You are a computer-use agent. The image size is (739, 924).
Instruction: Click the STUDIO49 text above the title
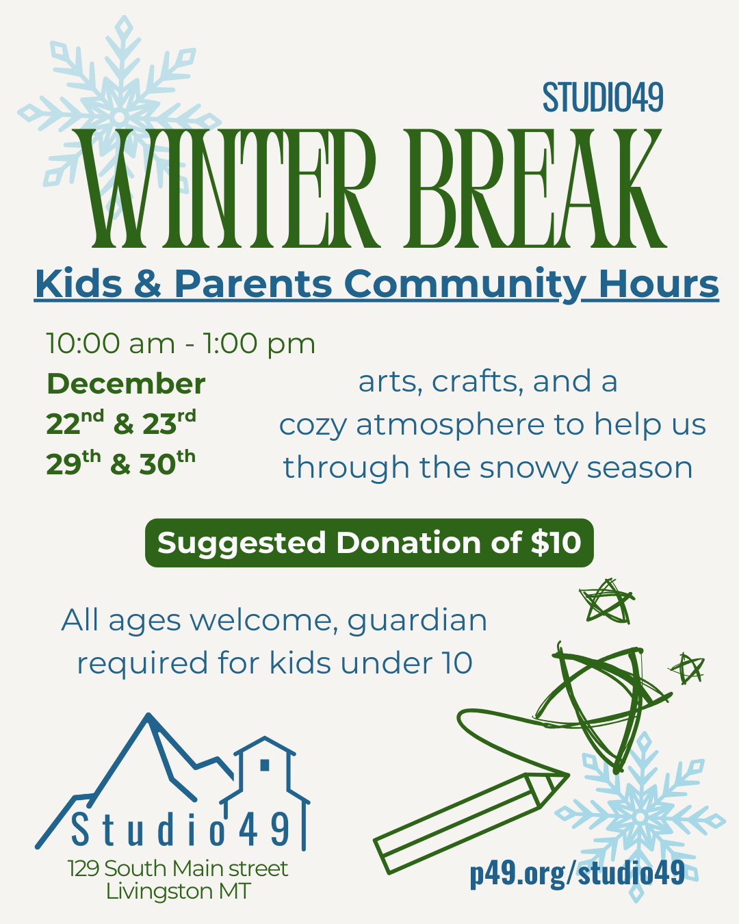tap(603, 97)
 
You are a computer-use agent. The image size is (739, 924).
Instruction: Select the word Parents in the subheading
tap(252, 283)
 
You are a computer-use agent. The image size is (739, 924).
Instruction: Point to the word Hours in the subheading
tap(658, 283)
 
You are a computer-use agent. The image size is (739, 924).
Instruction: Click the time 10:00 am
tap(110, 343)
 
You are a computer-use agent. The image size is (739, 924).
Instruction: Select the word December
tap(126, 384)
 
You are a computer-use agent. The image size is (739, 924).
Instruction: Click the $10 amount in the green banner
tap(556, 543)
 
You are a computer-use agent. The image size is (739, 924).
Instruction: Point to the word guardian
tap(417, 621)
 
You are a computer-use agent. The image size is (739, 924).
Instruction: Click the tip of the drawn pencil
tap(564, 777)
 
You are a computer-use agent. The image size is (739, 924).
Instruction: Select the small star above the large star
tap(606, 602)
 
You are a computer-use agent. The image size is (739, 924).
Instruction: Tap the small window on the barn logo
tap(265, 765)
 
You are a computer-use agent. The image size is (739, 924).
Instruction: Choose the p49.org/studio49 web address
tap(577, 873)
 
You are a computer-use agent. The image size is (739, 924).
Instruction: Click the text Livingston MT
tap(178, 891)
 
